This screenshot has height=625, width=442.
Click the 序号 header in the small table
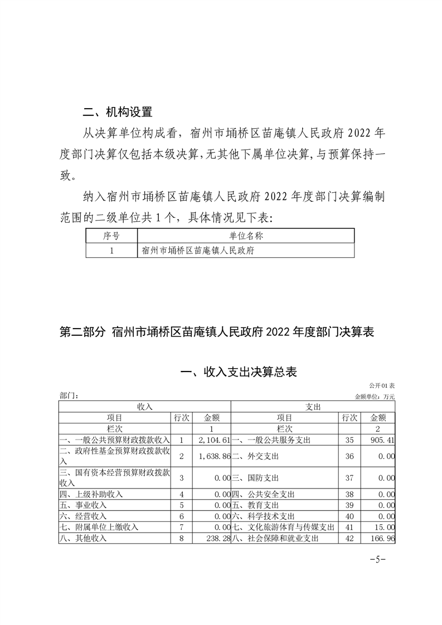click(111, 236)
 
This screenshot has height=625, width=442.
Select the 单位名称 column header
click(246, 236)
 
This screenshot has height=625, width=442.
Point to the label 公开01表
click(381, 385)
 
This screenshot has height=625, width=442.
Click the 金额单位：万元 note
click(374, 397)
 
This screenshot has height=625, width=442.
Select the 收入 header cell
click(144, 407)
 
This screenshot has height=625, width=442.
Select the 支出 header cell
click(313, 407)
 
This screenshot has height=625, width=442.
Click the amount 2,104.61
click(214, 440)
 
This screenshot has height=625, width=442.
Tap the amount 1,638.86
click(214, 456)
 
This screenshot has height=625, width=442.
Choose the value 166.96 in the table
click(382, 539)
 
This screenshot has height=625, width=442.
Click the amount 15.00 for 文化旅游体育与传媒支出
click(385, 526)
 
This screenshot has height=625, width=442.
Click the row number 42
click(349, 539)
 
